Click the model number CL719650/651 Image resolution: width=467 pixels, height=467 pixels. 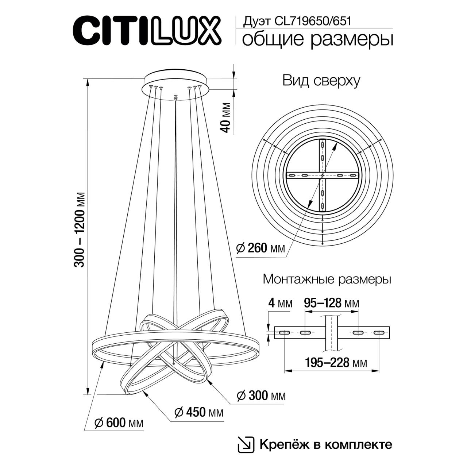316,21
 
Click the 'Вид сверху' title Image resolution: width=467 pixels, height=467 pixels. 321,81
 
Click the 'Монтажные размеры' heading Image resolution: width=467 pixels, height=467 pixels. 327,280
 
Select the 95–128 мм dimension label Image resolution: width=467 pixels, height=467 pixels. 331,303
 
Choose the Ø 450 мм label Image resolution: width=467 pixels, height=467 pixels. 199,413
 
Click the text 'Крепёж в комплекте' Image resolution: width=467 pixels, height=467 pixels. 326,444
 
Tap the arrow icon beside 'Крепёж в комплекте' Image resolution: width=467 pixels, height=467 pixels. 245,444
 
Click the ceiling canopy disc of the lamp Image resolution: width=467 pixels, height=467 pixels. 176,80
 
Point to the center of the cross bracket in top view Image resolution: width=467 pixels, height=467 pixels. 323,175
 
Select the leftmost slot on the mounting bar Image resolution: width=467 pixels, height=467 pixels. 285,332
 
